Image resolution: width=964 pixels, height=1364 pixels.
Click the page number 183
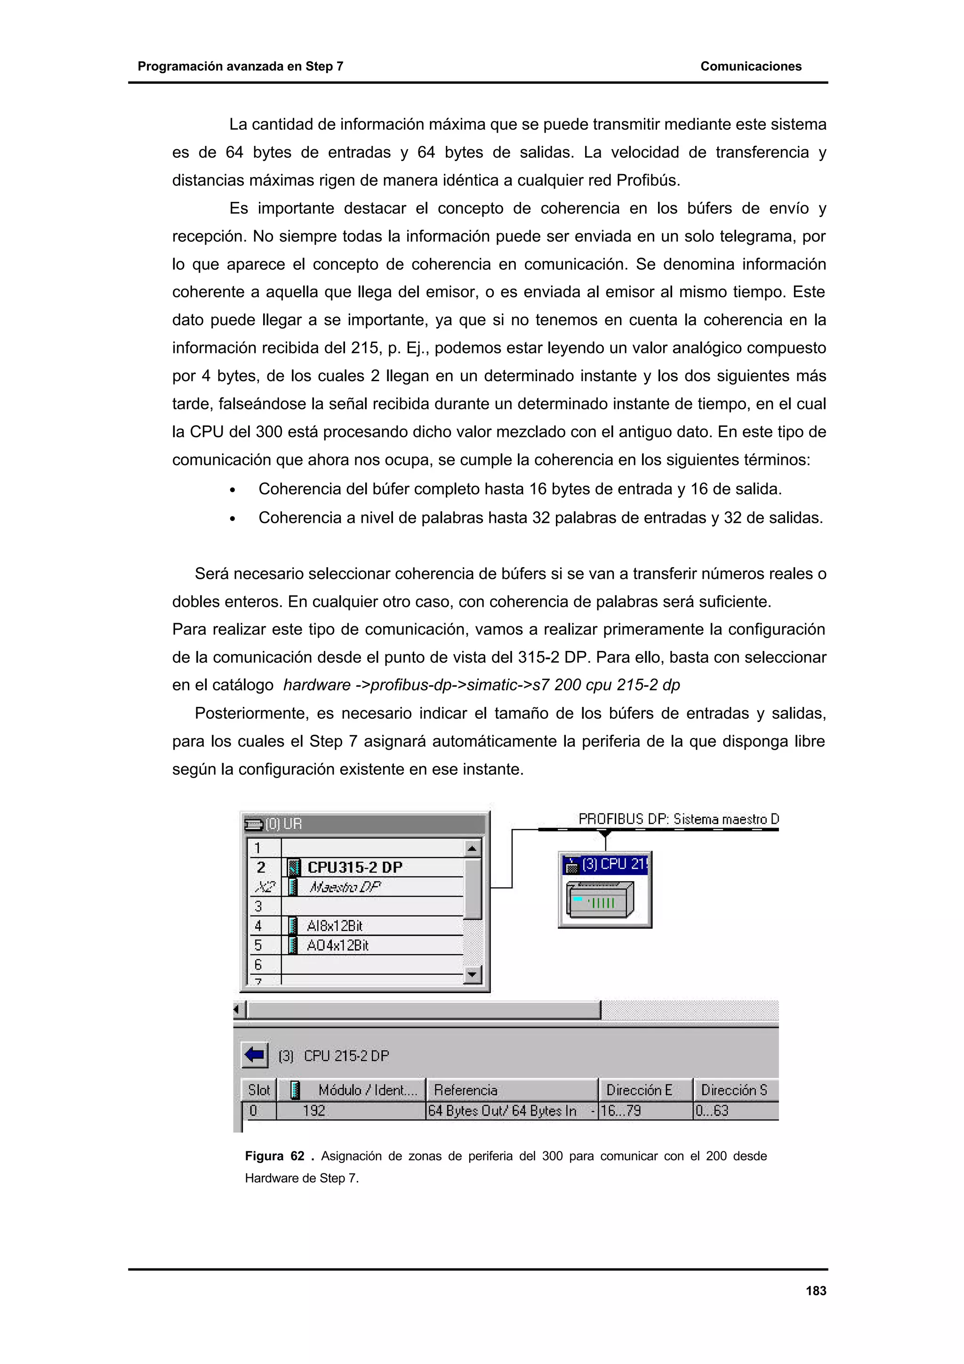click(816, 1290)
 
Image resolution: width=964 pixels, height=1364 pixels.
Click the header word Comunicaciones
click(750, 66)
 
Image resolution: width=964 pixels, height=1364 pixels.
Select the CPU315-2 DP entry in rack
click(354, 867)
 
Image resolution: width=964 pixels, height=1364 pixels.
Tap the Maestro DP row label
click(344, 887)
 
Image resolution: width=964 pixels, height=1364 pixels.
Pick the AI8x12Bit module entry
click(334, 925)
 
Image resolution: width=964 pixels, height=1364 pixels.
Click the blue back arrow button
click(255, 1055)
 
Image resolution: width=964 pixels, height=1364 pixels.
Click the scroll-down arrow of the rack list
click(472, 974)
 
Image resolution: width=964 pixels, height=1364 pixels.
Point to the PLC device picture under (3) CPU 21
click(600, 899)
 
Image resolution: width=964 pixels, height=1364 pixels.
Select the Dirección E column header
click(639, 1090)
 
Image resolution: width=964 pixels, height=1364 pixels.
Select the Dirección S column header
click(734, 1090)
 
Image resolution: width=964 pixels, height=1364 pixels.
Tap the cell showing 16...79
click(621, 1110)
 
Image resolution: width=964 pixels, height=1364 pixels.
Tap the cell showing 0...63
click(712, 1110)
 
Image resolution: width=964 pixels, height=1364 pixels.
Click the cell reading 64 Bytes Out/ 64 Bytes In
click(503, 1110)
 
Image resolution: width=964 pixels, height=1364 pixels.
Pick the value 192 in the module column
click(313, 1110)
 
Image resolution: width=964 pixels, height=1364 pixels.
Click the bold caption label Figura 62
click(274, 1156)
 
